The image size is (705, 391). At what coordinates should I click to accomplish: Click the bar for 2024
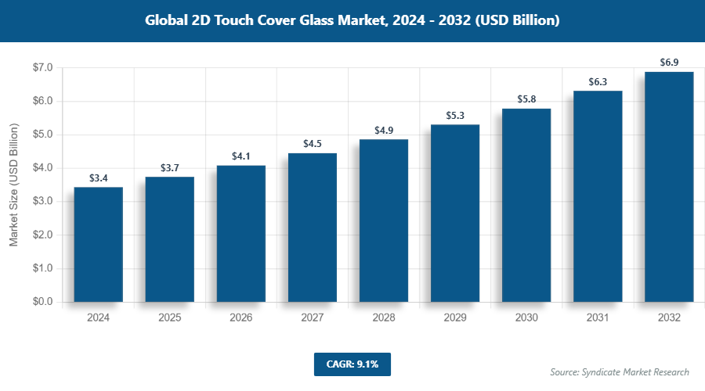tap(98, 244)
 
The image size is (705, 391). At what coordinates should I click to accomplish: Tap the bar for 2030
tap(526, 205)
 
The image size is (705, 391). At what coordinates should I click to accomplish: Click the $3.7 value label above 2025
tap(169, 168)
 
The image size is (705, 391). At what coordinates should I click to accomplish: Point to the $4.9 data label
tap(383, 131)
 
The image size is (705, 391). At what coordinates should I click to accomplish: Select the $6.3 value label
tap(598, 82)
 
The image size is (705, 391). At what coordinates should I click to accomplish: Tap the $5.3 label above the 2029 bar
tap(454, 116)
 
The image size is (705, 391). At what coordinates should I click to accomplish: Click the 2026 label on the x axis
tap(240, 318)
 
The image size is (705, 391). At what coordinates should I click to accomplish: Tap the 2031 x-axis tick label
tap(598, 318)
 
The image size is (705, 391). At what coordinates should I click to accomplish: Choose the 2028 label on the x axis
tap(383, 318)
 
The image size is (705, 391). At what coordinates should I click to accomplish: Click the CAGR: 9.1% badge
tap(352, 364)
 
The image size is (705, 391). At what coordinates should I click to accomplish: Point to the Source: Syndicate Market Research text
tap(620, 371)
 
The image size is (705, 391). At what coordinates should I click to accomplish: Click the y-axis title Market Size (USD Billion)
tap(13, 185)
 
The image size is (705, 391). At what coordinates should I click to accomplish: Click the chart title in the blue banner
tap(352, 21)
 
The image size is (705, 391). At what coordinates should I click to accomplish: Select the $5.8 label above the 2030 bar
tap(526, 99)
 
